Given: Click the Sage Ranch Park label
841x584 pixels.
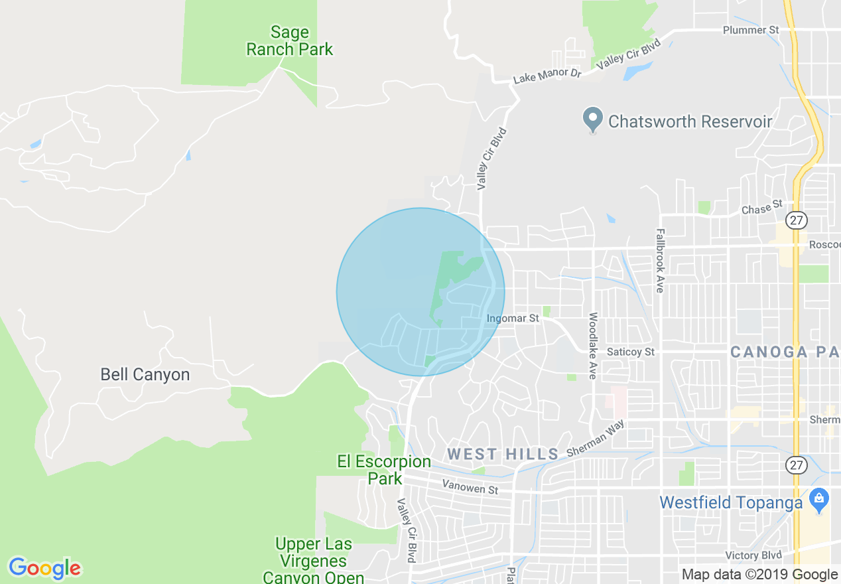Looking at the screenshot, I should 290,41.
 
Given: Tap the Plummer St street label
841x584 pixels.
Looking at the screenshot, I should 751,31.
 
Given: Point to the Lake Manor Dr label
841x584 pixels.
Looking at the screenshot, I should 547,75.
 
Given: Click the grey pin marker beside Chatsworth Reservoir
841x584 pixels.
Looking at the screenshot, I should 592,121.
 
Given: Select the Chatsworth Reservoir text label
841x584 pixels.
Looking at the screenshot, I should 690,121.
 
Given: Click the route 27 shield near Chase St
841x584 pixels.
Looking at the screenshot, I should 795,219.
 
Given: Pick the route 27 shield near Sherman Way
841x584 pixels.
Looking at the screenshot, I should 796,465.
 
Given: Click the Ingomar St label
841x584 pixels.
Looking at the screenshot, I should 513,319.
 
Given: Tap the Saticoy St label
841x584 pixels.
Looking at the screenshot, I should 631,352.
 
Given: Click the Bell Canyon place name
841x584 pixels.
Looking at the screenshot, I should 145,374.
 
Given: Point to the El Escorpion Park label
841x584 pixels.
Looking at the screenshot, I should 384,469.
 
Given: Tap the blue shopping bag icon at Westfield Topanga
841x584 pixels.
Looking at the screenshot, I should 819,498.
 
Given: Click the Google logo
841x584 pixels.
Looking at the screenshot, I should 45,568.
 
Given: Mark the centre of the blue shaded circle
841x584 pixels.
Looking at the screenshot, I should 420,292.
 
